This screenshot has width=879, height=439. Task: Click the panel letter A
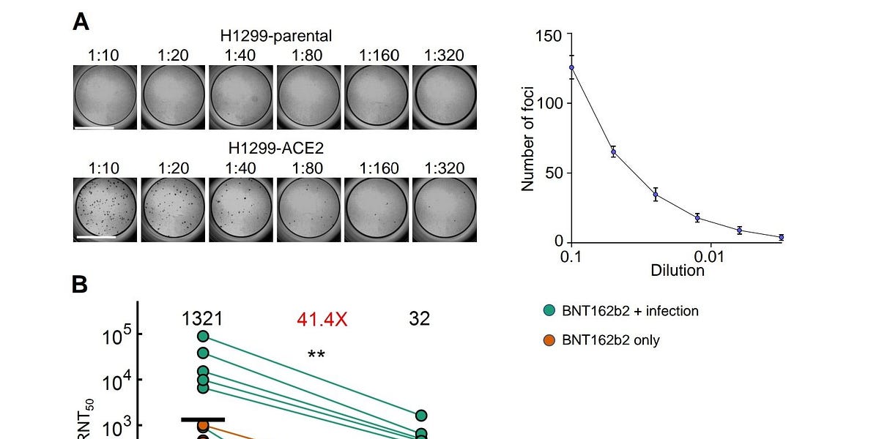[x=81, y=22]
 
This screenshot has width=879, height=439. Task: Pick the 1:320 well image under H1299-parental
[x=445, y=97]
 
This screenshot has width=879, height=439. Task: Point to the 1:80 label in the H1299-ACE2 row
[x=309, y=168]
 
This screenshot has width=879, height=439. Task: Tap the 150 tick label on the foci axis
[x=549, y=36]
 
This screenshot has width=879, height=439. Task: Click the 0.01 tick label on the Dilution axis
[x=708, y=257]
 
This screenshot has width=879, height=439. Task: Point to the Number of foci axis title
[x=527, y=139]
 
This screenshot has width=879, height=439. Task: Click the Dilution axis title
[x=678, y=271]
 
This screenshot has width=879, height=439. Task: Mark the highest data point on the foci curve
[x=571, y=67]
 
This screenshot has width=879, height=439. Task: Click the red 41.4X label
[x=322, y=319]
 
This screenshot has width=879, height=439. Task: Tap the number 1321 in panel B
[x=202, y=318]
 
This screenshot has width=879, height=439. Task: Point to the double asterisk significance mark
[x=316, y=355]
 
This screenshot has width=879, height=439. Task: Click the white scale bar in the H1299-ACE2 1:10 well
[x=95, y=237]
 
